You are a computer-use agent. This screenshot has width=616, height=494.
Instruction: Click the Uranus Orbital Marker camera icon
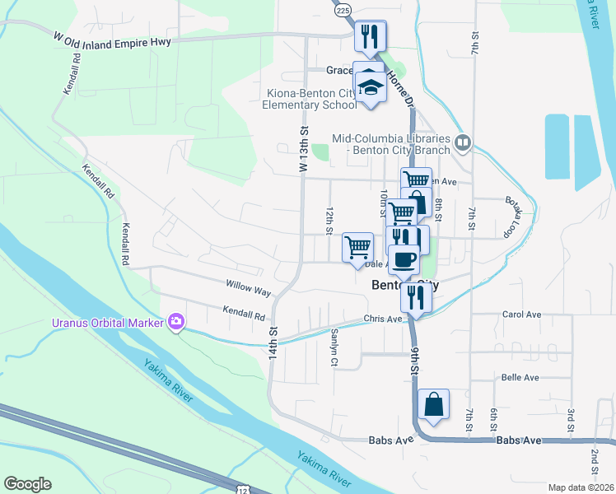(175, 320)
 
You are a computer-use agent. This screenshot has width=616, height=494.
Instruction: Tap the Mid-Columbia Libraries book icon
(463, 144)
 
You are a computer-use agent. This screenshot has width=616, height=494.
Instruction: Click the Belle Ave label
(520, 377)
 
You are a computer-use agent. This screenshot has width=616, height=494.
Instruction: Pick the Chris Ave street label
(382, 319)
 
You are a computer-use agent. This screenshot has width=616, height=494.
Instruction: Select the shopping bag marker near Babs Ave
(433, 405)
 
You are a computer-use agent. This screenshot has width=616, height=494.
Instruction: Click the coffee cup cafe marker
(404, 260)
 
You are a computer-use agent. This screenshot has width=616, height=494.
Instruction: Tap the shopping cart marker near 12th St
(358, 247)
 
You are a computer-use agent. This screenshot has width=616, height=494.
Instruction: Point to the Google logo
(27, 484)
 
